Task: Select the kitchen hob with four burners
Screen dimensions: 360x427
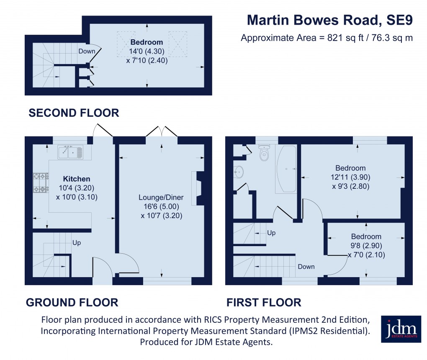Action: (41, 183)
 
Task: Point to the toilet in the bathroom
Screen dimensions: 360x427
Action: (264, 154)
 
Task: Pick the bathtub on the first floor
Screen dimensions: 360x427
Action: (286, 169)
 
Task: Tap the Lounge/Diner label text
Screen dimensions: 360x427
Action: (161, 197)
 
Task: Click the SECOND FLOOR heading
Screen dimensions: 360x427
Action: (74, 113)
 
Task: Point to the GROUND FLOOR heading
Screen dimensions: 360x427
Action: (72, 302)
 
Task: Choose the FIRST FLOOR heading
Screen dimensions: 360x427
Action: (264, 302)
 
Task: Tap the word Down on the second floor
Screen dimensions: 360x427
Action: (86, 51)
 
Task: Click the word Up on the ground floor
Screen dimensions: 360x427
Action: (77, 242)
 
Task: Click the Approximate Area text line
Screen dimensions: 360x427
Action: (327, 38)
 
